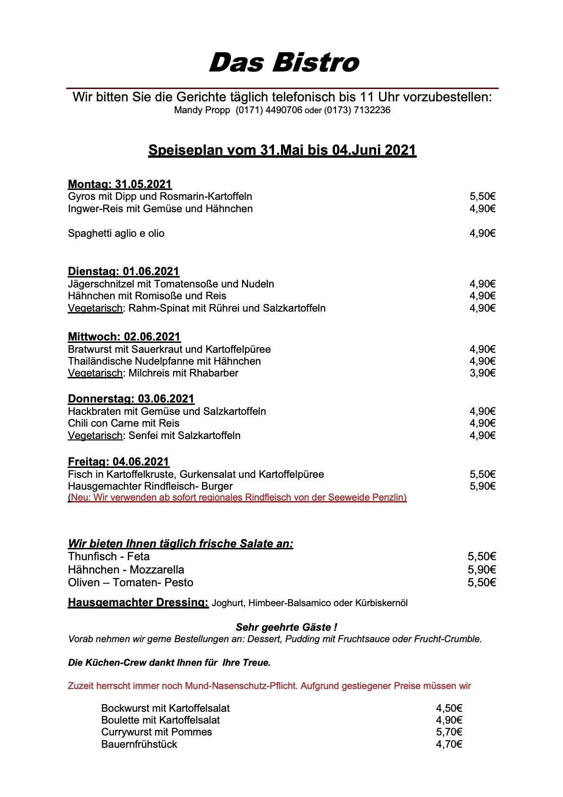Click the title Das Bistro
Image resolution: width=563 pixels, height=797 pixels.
pos(284,63)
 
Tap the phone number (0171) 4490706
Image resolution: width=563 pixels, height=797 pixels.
pos(269,110)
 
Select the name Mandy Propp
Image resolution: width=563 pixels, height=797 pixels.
pos(202,110)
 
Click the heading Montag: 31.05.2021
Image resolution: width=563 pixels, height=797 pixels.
pos(120,184)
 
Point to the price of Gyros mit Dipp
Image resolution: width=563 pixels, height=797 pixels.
pos(482,197)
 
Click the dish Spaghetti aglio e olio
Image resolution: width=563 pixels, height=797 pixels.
pos(116,233)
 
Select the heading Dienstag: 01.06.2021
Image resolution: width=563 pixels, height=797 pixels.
pos(123,271)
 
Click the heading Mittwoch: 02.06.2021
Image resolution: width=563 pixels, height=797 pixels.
pos(124,337)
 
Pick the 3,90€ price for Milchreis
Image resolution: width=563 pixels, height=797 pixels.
pos(482,373)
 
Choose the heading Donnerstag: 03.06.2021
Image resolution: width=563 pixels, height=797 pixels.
pos(131,399)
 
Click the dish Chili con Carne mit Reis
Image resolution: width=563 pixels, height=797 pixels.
pos(123,423)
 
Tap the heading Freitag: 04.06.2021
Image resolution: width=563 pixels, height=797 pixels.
pos(118,462)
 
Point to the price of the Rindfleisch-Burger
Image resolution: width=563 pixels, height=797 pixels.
pos(482,486)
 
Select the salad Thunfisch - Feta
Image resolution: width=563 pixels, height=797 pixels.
pos(109,557)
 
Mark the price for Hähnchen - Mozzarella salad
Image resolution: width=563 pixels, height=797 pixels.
pos(482,570)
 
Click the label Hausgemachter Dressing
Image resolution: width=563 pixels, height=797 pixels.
pos(138,603)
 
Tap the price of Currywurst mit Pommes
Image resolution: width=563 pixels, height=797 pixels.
pos(449,732)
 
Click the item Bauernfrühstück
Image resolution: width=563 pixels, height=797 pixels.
pos(139,744)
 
